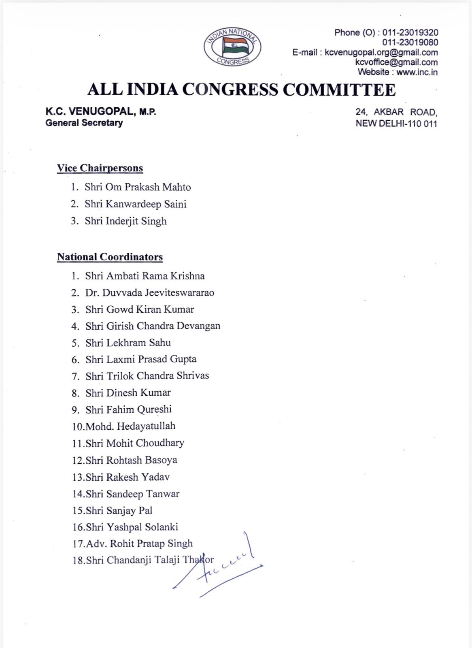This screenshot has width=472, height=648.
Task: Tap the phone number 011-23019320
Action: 410,32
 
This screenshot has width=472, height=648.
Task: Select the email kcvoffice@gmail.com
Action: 396,62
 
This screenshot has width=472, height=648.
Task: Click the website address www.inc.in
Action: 417,72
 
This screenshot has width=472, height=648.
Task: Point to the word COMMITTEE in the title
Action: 339,90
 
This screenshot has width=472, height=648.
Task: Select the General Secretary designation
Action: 84,123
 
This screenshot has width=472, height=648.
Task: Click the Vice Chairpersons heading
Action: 100,168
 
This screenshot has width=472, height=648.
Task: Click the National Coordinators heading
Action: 110,257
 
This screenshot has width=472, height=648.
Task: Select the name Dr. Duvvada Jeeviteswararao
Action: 149,292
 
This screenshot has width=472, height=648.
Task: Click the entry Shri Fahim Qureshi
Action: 128,409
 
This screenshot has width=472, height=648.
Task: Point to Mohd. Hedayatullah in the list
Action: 130,426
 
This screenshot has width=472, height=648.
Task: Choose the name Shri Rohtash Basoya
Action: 131,460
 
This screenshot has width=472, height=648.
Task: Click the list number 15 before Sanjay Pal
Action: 78,511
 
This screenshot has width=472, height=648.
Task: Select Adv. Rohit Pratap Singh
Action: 139,544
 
